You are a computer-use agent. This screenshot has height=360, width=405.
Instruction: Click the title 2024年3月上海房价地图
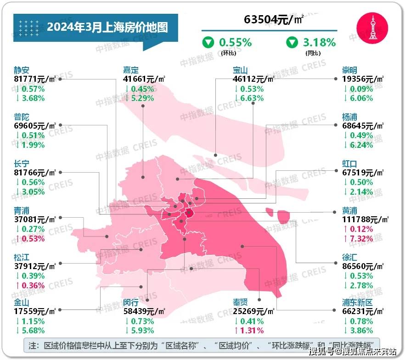[x=107, y=27]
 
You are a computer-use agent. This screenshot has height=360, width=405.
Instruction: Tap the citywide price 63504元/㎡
[x=274, y=20]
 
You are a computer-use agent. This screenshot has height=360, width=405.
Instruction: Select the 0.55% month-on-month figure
[x=235, y=43]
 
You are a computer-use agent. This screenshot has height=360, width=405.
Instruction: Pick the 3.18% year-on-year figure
[x=319, y=43]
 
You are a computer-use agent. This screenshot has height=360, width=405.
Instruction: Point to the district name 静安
[x=22, y=70]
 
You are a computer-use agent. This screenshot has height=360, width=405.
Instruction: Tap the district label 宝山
[x=240, y=70]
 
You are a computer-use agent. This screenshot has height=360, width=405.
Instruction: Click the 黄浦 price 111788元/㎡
[x=365, y=219]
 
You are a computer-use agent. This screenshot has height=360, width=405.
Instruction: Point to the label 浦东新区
[x=357, y=303]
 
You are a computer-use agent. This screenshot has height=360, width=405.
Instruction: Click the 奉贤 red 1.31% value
[x=250, y=331]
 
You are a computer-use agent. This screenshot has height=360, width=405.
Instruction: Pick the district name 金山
[x=22, y=303]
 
